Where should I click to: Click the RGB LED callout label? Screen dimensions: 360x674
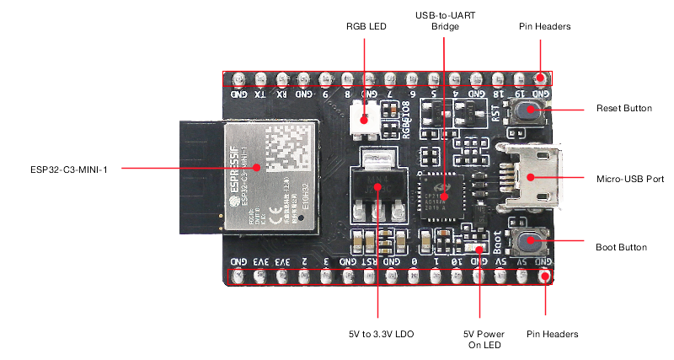click(x=365, y=27)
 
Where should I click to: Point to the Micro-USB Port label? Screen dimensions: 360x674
click(x=628, y=179)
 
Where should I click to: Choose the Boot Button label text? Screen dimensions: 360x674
click(x=621, y=248)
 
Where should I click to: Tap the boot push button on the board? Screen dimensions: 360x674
click(x=530, y=243)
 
